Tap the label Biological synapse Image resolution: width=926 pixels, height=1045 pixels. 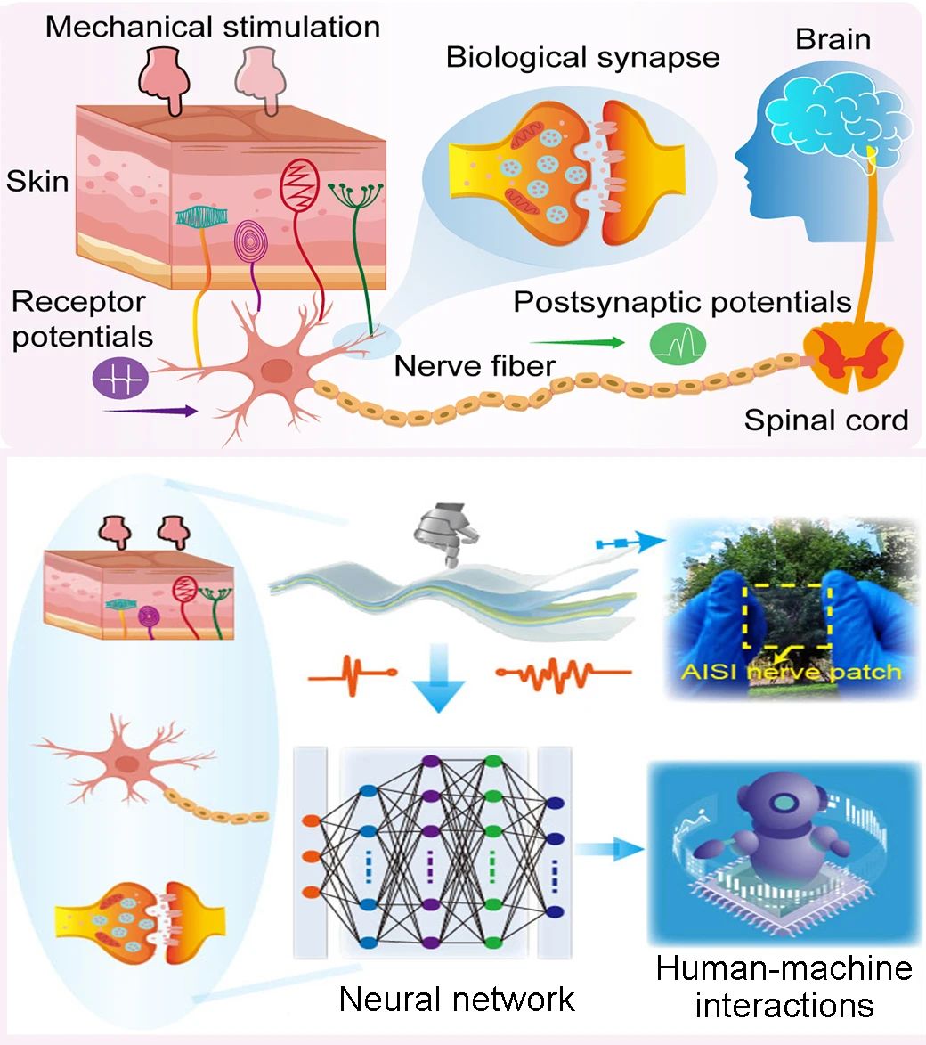tap(582, 57)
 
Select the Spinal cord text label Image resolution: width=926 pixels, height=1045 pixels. tap(826, 420)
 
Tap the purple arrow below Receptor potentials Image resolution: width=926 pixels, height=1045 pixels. tap(150, 411)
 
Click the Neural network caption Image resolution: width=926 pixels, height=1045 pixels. tap(457, 999)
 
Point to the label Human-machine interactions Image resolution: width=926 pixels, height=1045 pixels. tap(784, 986)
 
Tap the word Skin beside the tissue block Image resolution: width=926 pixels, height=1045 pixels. tap(37, 181)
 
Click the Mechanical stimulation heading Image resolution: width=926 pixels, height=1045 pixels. tap(213, 26)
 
